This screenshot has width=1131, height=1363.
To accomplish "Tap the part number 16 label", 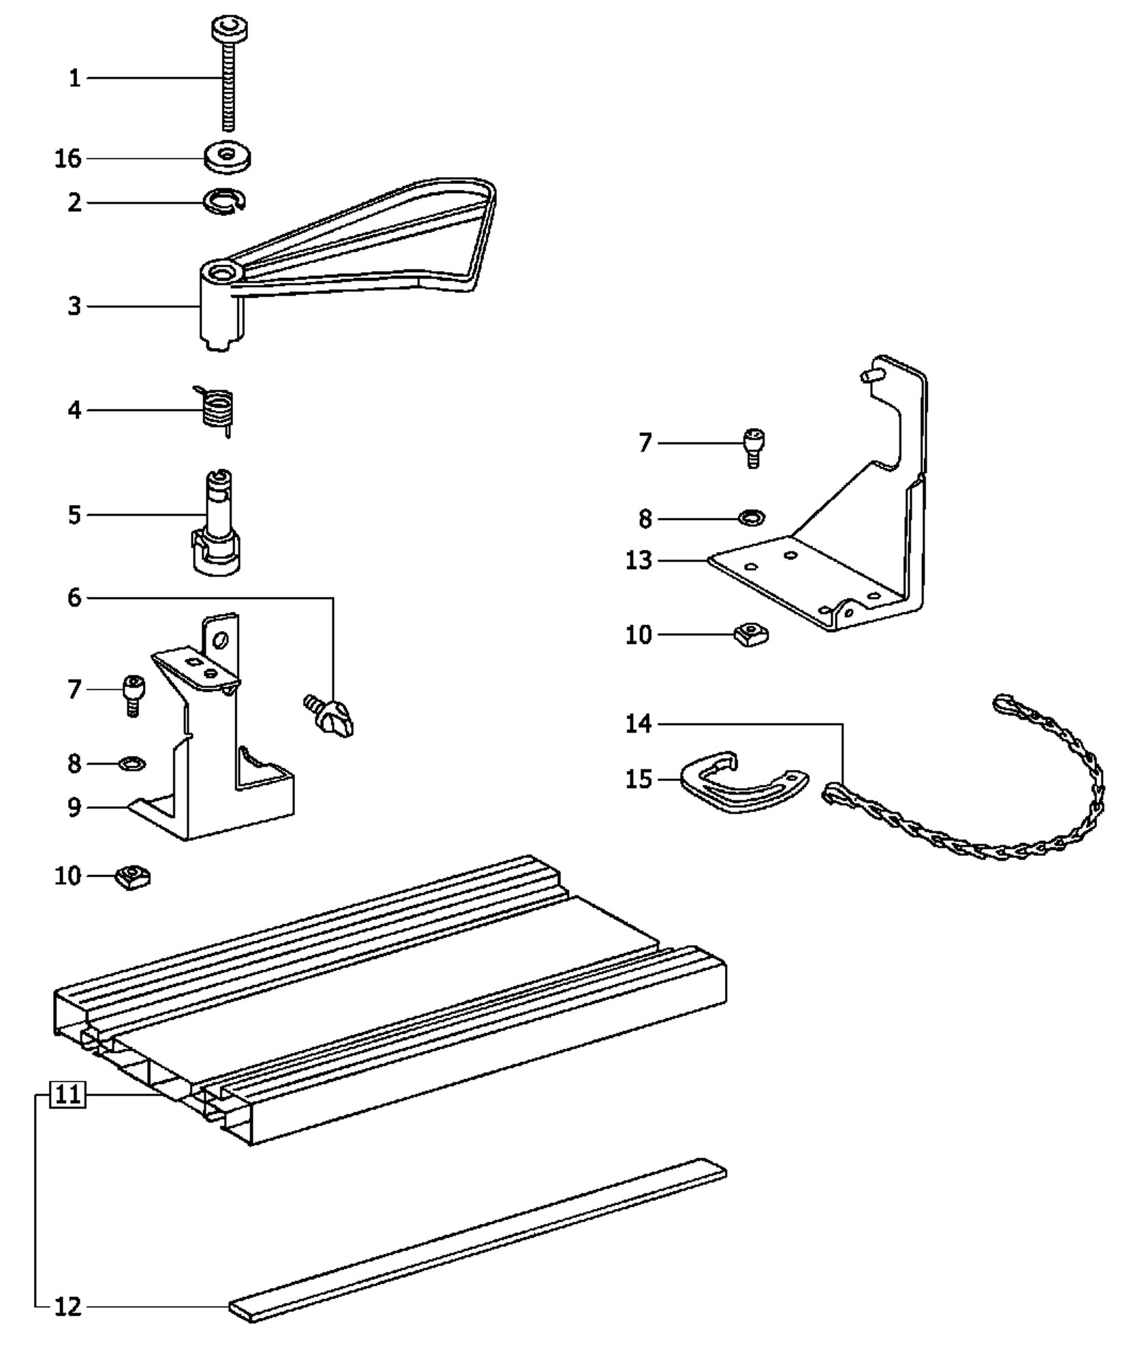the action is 68,159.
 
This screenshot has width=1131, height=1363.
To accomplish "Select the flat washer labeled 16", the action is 227,157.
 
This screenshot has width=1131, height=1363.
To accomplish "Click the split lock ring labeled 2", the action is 225,201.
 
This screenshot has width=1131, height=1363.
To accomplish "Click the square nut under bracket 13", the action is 751,634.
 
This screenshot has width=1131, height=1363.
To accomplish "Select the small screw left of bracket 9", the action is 133,694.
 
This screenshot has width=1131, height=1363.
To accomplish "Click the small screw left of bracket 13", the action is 753,447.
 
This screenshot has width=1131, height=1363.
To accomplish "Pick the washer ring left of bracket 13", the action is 751,518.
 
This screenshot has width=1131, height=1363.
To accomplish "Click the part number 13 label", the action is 639,560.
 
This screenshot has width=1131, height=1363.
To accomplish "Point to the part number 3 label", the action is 74,306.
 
